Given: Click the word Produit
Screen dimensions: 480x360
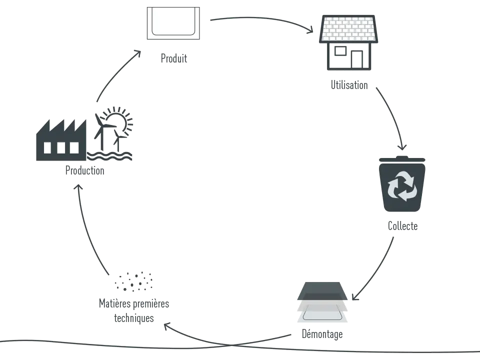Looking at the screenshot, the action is click(x=174, y=58).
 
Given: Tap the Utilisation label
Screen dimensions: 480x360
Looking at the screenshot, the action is click(x=349, y=85).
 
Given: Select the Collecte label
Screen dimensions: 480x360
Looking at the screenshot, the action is click(x=402, y=226).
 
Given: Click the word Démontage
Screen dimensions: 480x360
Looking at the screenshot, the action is click(x=322, y=334).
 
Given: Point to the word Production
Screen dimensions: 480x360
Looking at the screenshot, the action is click(x=85, y=170).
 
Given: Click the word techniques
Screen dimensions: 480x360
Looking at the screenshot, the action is click(x=134, y=318).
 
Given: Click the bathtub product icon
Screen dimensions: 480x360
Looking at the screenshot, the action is click(x=173, y=23).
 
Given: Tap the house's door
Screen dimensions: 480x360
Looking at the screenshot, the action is click(x=357, y=59).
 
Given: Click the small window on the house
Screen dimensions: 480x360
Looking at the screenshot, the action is click(x=340, y=51).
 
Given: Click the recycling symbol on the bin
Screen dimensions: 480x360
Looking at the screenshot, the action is click(x=402, y=186).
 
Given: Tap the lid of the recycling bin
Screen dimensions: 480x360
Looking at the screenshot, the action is click(x=402, y=159).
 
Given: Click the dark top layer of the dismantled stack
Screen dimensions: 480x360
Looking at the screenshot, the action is click(x=322, y=291).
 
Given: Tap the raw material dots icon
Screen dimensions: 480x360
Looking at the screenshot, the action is click(x=133, y=281).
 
